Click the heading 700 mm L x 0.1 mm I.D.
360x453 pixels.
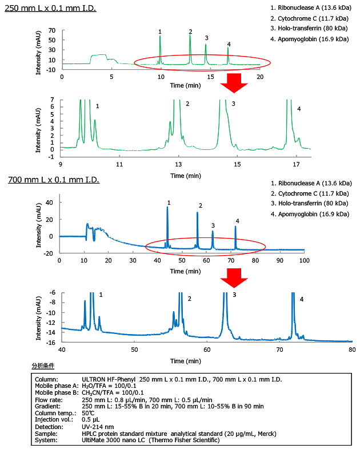click(x=54, y=180)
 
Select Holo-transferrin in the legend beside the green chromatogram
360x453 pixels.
click(x=303, y=29)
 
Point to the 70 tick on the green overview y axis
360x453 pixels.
click(x=51, y=30)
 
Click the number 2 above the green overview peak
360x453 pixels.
click(x=190, y=31)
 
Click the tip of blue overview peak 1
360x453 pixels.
click(x=167, y=207)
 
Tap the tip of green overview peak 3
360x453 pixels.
click(x=206, y=45)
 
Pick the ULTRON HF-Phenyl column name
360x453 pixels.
click(x=112, y=380)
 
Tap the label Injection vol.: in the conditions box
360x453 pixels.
click(x=53, y=419)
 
